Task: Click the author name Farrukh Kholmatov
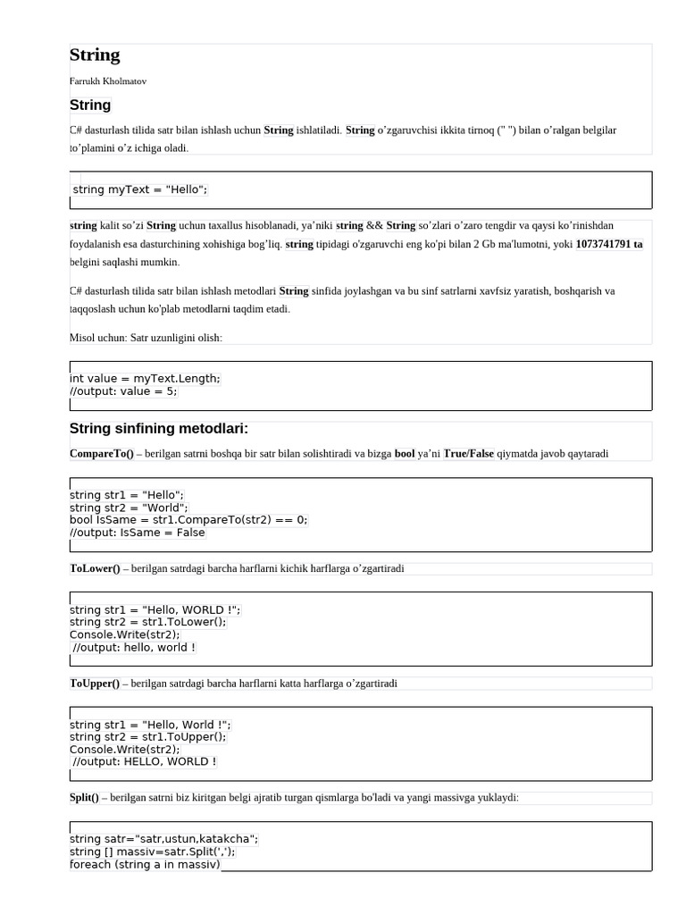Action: pyautogui.click(x=108, y=81)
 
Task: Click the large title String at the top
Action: pyautogui.click(x=95, y=55)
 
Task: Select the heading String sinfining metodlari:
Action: pyautogui.click(x=159, y=429)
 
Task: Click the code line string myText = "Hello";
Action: pyautogui.click(x=139, y=189)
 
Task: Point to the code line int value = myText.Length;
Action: pyautogui.click(x=145, y=379)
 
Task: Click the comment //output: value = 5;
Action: pyautogui.click(x=123, y=391)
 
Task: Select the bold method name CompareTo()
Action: pyautogui.click(x=101, y=454)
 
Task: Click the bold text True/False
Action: pyautogui.click(x=468, y=454)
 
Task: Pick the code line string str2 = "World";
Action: pyautogui.click(x=129, y=508)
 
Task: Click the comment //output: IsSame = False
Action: pyautogui.click(x=138, y=533)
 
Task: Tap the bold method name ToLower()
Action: pyautogui.click(x=95, y=568)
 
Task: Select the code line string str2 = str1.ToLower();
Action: pyautogui.click(x=148, y=622)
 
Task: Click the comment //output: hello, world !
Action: pyautogui.click(x=134, y=648)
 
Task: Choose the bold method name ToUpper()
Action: pyautogui.click(x=95, y=684)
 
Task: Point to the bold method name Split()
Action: pyautogui.click(x=84, y=798)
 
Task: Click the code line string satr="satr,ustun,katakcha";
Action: pyautogui.click(x=163, y=839)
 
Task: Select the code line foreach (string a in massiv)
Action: pyautogui.click(x=145, y=864)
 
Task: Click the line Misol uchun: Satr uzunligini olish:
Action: pyautogui.click(x=146, y=338)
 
